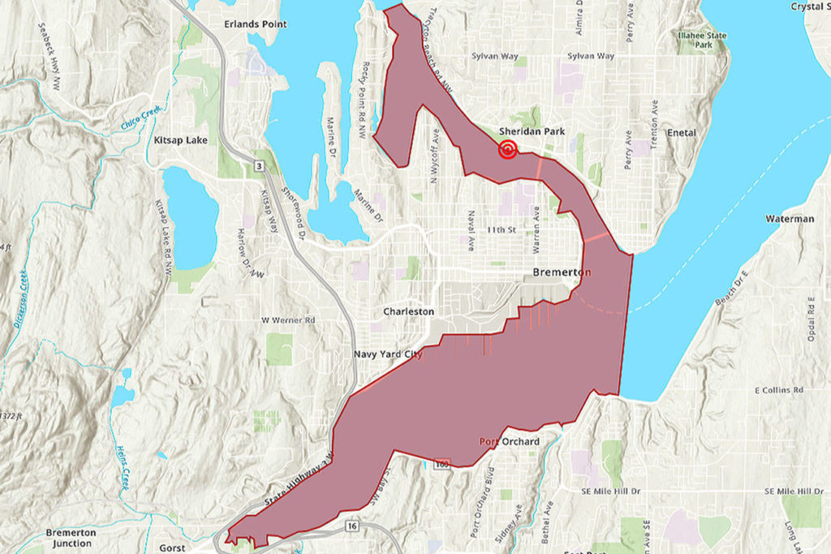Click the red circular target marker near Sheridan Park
click(x=508, y=149)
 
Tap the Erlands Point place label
click(x=256, y=24)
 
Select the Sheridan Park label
click(x=532, y=131)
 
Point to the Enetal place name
click(x=681, y=132)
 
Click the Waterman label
click(x=789, y=219)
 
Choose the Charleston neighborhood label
click(x=408, y=311)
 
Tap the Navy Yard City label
click(x=388, y=354)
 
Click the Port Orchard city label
click(x=509, y=441)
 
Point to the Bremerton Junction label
click(x=71, y=538)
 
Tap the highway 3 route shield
click(x=258, y=166)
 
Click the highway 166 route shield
click(x=441, y=465)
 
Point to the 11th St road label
click(x=501, y=230)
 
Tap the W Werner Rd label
click(x=287, y=320)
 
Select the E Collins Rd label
click(x=782, y=391)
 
